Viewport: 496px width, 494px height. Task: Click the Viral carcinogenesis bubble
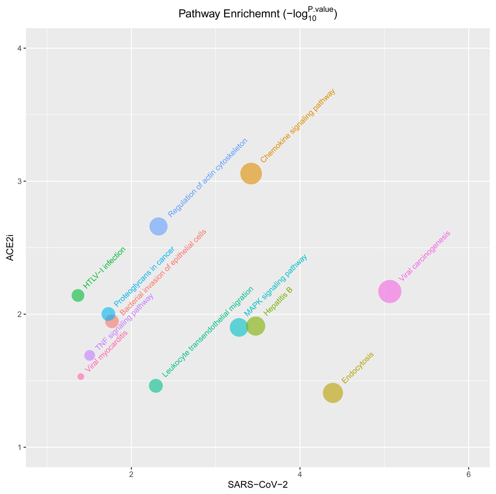(389, 291)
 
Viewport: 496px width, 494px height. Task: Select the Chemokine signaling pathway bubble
(251, 174)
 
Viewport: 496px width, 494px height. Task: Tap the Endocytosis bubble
(333, 393)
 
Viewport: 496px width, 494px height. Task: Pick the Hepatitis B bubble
(255, 326)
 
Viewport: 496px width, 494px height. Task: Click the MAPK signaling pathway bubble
(239, 327)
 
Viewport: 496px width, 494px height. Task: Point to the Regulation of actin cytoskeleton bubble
(158, 227)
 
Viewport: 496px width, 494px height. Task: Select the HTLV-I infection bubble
(78, 295)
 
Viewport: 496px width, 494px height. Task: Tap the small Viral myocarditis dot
(81, 376)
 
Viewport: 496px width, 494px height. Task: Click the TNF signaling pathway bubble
(90, 355)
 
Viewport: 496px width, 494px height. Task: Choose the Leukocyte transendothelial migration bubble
(156, 385)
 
